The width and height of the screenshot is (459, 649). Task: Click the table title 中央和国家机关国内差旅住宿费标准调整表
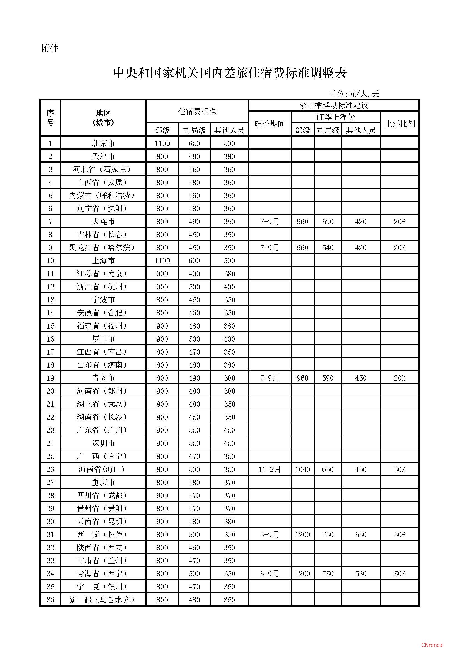(230, 73)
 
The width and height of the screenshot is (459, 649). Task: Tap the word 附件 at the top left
(50, 48)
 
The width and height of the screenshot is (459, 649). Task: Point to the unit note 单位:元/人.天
(354, 94)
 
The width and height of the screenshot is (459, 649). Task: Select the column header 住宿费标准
(197, 111)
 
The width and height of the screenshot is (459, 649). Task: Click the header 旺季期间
(269, 124)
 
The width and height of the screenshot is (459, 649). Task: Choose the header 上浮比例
(400, 124)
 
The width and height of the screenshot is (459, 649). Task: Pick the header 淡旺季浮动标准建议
(334, 106)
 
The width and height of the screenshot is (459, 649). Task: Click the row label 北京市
(103, 143)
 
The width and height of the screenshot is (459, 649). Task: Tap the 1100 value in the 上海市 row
(162, 261)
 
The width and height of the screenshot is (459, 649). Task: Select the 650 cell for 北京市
(194, 143)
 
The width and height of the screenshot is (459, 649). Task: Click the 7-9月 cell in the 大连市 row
(269, 222)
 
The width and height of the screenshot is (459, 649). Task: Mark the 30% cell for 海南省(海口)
(400, 469)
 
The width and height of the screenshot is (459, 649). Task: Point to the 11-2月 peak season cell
(269, 469)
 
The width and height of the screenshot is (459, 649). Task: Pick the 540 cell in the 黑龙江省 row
(328, 248)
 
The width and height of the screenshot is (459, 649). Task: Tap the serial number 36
(50, 600)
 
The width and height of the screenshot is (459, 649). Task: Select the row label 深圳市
(103, 443)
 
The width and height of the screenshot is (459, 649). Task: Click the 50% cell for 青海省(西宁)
(400, 574)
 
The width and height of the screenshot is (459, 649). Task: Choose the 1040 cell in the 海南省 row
(302, 469)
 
